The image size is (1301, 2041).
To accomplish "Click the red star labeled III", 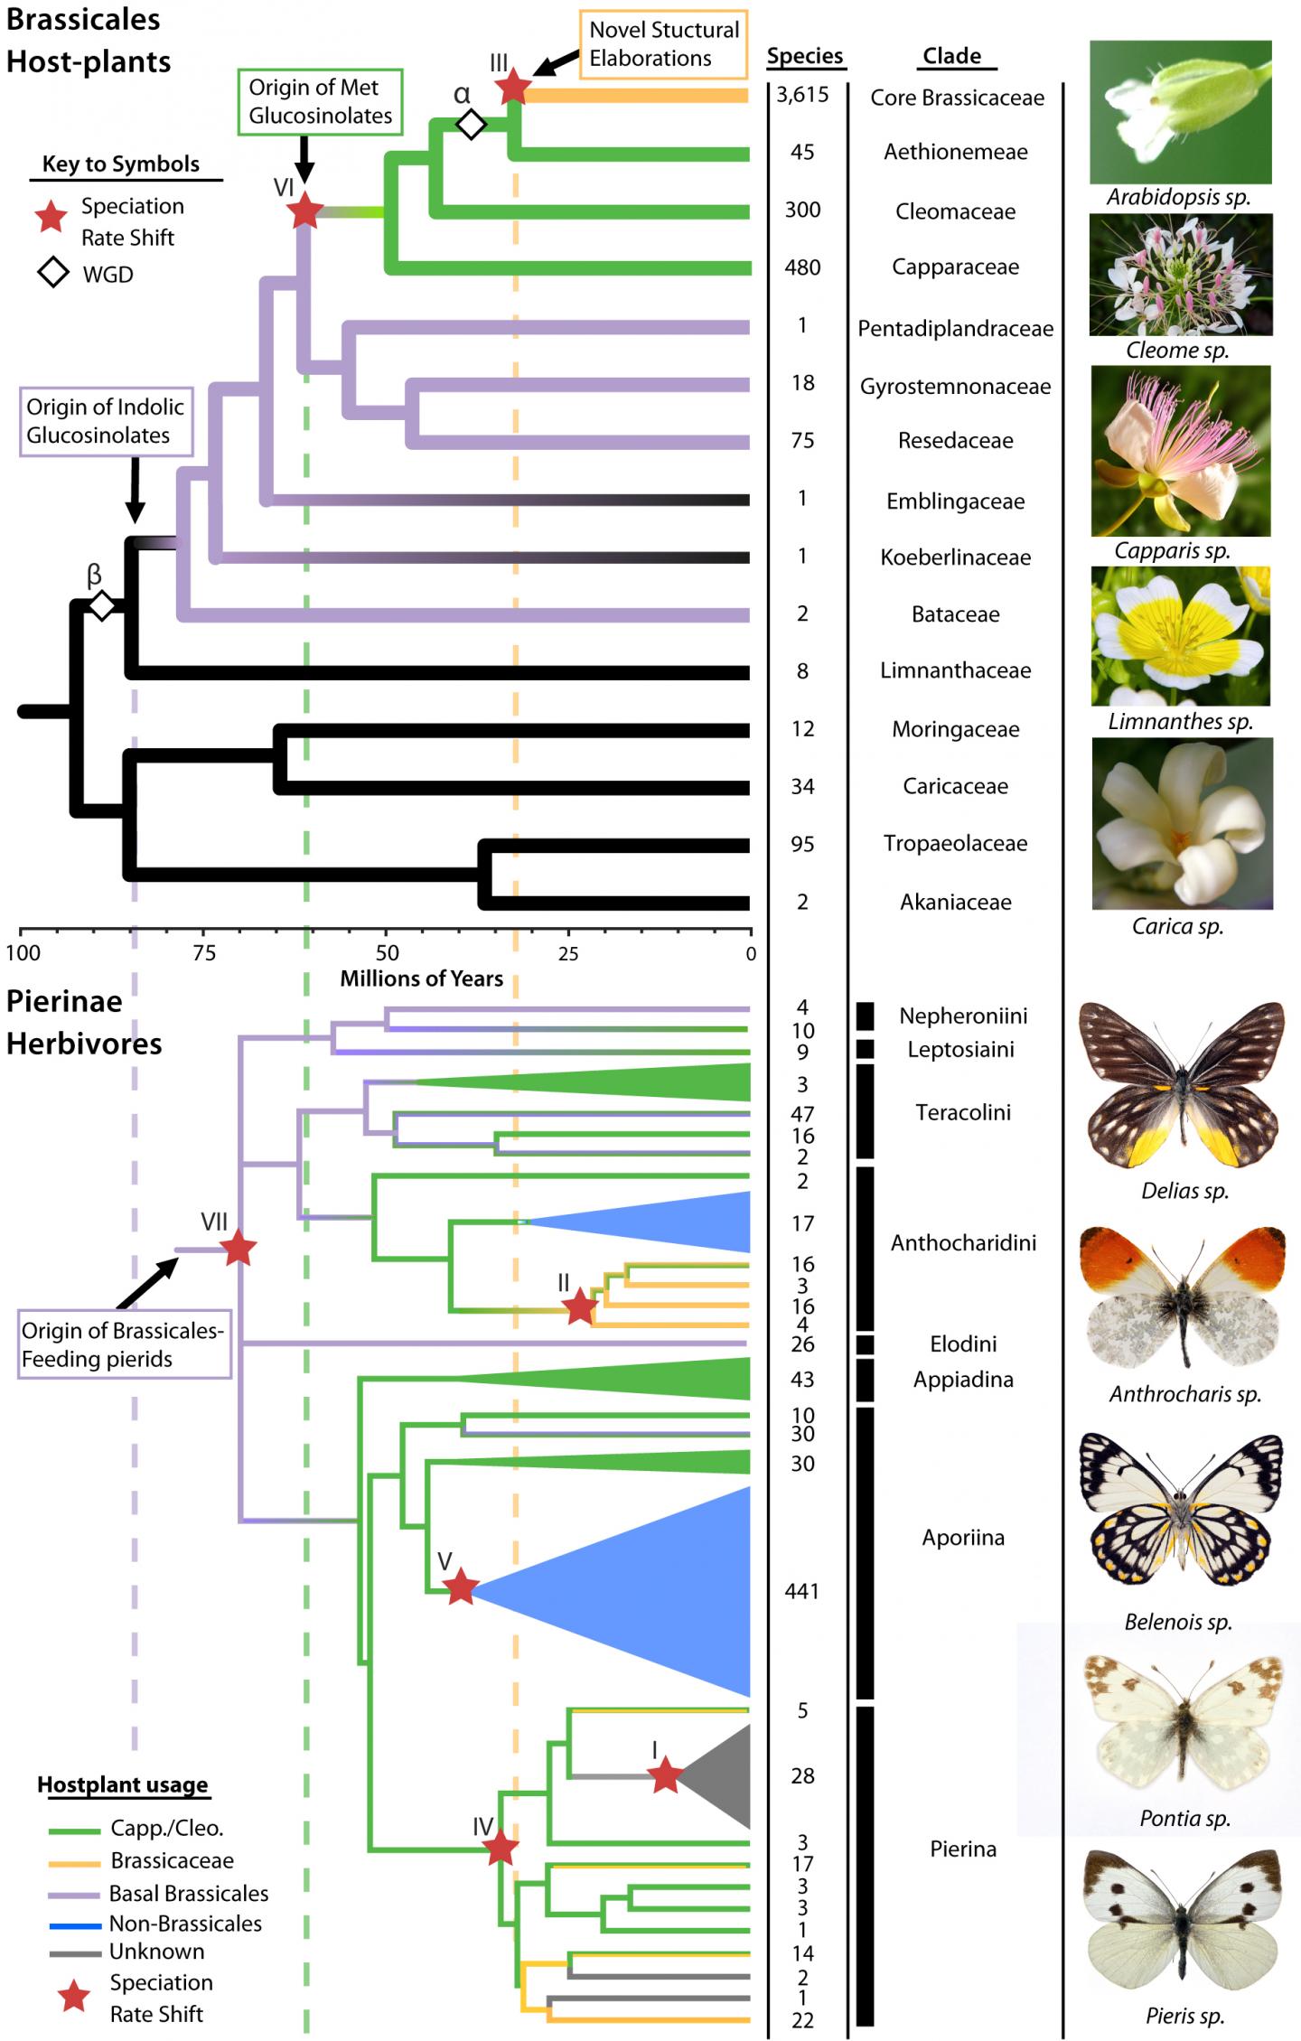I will click(513, 87).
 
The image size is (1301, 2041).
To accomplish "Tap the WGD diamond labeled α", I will click(470, 124).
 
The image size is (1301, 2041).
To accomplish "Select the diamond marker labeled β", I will click(102, 605).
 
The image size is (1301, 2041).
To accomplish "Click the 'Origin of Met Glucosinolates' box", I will click(320, 102).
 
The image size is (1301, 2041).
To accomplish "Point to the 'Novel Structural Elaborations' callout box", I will click(663, 44).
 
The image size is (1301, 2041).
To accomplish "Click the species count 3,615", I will click(802, 95).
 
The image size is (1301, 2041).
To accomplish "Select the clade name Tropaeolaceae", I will click(955, 844).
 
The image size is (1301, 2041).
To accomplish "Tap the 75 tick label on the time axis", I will click(204, 953).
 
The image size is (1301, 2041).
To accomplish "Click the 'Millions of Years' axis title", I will click(421, 978).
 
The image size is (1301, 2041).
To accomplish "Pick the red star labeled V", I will click(461, 1587).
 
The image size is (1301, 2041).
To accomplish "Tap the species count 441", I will click(802, 1591).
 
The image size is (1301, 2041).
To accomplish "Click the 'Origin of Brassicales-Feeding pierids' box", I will click(124, 1344).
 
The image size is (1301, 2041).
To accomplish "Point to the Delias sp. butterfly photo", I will click(1182, 1084).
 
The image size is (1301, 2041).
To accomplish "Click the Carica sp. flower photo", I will click(1182, 823).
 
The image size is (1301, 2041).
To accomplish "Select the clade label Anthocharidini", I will click(963, 1243).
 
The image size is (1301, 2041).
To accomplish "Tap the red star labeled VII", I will click(239, 1249).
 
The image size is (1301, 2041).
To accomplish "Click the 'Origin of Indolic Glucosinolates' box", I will click(106, 421).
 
